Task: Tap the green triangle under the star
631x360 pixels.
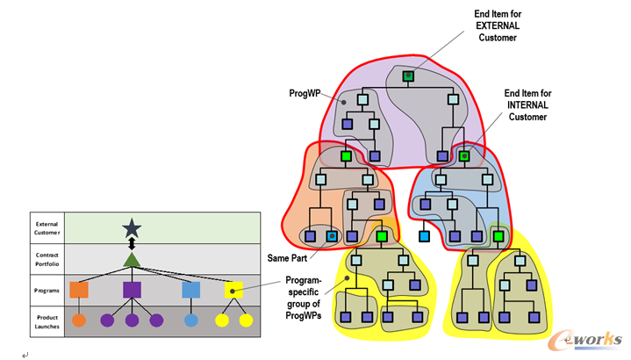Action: click(x=132, y=259)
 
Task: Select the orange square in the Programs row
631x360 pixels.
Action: click(x=79, y=289)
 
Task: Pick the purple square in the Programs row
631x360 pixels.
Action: click(x=132, y=289)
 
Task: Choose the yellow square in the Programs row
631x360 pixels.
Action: click(x=233, y=289)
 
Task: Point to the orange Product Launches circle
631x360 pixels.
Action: click(x=79, y=320)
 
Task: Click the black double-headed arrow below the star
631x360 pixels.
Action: click(x=132, y=243)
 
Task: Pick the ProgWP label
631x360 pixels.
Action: click(x=304, y=92)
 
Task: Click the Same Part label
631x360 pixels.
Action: click(x=287, y=259)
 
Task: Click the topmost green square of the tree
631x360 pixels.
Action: click(x=408, y=76)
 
